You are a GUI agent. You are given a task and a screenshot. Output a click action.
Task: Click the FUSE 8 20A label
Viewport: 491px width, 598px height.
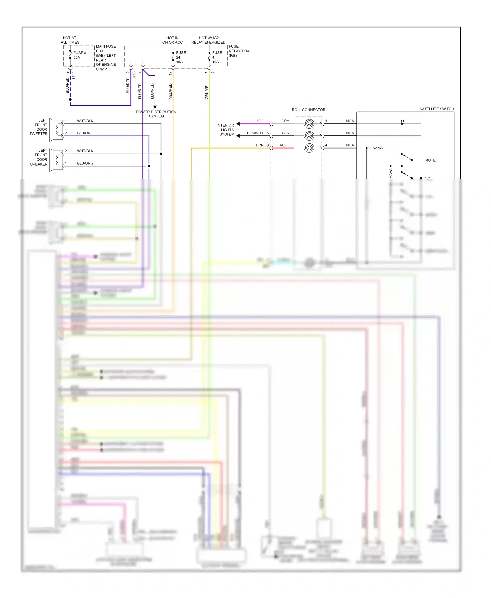coord(79,55)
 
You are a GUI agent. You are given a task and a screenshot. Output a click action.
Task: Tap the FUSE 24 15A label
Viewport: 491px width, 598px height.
coord(180,57)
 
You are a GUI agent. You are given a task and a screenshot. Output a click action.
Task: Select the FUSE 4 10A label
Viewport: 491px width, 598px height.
coord(217,57)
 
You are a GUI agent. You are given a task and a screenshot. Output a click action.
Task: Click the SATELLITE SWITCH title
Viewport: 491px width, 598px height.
coord(436,109)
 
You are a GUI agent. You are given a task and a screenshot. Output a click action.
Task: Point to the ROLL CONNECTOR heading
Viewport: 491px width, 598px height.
coord(308,110)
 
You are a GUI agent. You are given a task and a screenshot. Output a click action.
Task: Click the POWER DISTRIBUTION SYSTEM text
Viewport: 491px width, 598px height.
coord(156,114)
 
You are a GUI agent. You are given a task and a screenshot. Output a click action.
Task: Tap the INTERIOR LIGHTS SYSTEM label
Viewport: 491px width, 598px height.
coord(226,130)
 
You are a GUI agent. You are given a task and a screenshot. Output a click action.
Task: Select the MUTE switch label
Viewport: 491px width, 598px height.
coord(430,160)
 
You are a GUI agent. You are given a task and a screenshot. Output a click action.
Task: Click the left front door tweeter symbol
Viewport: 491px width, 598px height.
coord(57,130)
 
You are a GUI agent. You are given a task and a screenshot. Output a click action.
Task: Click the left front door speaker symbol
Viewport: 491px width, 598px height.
coord(57,160)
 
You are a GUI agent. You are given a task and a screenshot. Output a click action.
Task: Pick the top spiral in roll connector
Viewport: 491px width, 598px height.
coord(309,124)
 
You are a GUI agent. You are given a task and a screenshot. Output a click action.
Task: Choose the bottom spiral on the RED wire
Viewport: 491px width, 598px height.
coord(309,148)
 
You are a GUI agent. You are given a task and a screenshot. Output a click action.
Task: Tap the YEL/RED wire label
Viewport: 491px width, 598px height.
coord(170,91)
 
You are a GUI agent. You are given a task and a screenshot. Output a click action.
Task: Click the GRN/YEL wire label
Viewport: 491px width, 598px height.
coord(207,92)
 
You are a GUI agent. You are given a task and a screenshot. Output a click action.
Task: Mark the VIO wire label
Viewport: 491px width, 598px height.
coord(260,121)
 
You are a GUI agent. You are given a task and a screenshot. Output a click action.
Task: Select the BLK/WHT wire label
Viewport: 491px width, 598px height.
coord(255,133)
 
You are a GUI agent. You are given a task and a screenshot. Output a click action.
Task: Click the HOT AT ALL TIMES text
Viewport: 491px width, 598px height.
coord(70,40)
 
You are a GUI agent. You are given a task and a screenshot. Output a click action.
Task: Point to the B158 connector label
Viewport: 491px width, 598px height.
coord(134,76)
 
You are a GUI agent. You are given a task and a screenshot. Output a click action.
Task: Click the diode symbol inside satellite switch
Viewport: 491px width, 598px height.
coord(402,123)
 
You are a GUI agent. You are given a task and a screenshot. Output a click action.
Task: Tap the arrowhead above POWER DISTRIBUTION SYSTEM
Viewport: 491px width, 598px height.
coord(155,107)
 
